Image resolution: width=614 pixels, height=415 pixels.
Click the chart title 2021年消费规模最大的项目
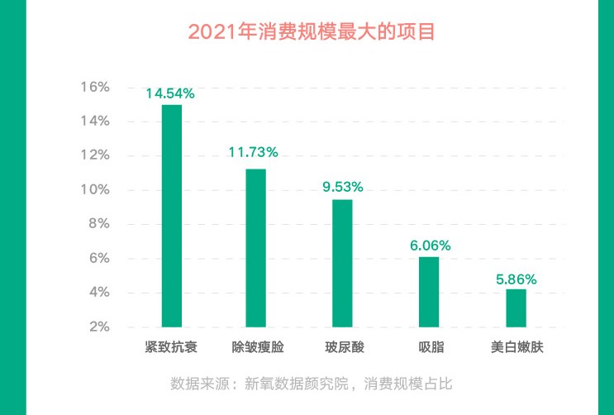point(312,32)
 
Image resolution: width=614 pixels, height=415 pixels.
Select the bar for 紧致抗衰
point(171,216)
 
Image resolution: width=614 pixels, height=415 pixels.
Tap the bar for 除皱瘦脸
point(256,248)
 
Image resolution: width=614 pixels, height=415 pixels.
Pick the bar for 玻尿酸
point(342,263)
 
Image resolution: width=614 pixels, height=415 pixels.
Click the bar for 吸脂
point(429,292)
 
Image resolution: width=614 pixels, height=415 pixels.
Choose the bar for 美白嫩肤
point(516,308)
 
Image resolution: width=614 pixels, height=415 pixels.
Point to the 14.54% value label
point(170,93)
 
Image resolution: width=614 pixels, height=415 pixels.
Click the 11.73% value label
point(253,152)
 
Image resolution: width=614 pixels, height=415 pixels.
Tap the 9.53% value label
point(342,186)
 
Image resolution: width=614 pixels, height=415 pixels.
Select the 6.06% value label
point(429,245)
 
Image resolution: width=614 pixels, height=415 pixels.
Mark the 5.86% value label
point(516,279)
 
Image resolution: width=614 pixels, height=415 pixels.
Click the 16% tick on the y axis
point(95,87)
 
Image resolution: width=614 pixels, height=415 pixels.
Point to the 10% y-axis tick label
point(95,189)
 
